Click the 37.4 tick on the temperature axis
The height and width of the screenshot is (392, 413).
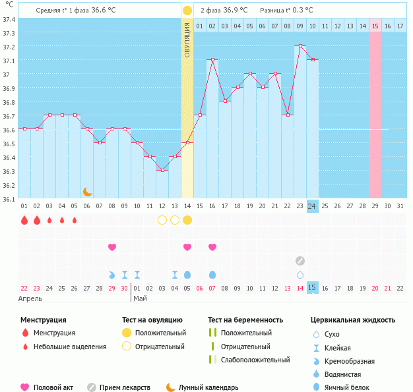9,20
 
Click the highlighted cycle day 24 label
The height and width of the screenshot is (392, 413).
312,206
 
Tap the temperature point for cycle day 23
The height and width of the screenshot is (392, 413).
300,46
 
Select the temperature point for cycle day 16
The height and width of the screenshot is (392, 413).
212,60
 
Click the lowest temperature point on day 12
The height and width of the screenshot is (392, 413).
162,170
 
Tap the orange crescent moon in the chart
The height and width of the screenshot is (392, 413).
87,191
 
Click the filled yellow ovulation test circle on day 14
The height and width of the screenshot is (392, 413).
187,220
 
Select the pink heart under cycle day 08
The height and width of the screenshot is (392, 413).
112,247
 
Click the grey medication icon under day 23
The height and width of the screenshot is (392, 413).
300,261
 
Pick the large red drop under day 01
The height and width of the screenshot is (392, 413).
24,220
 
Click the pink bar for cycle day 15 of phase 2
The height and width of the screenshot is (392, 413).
375,112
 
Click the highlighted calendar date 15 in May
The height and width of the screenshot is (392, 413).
312,288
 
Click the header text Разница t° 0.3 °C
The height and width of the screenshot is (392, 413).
286,11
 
